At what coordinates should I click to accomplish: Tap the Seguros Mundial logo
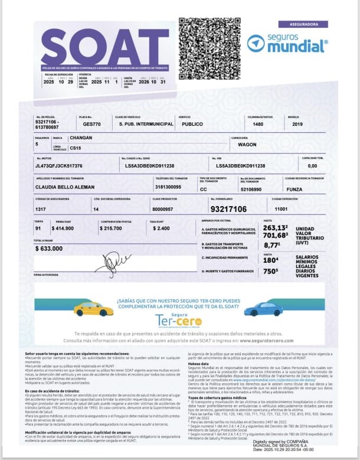click(287, 43)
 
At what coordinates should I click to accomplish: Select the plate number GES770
click(92, 125)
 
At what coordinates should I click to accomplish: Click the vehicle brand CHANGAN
click(81, 138)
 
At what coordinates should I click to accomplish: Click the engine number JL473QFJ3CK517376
click(59, 166)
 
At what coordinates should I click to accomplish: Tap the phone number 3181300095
click(168, 187)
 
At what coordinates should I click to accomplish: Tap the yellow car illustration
click(93, 309)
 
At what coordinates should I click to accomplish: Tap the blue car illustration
click(263, 309)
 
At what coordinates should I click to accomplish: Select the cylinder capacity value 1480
click(258, 125)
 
